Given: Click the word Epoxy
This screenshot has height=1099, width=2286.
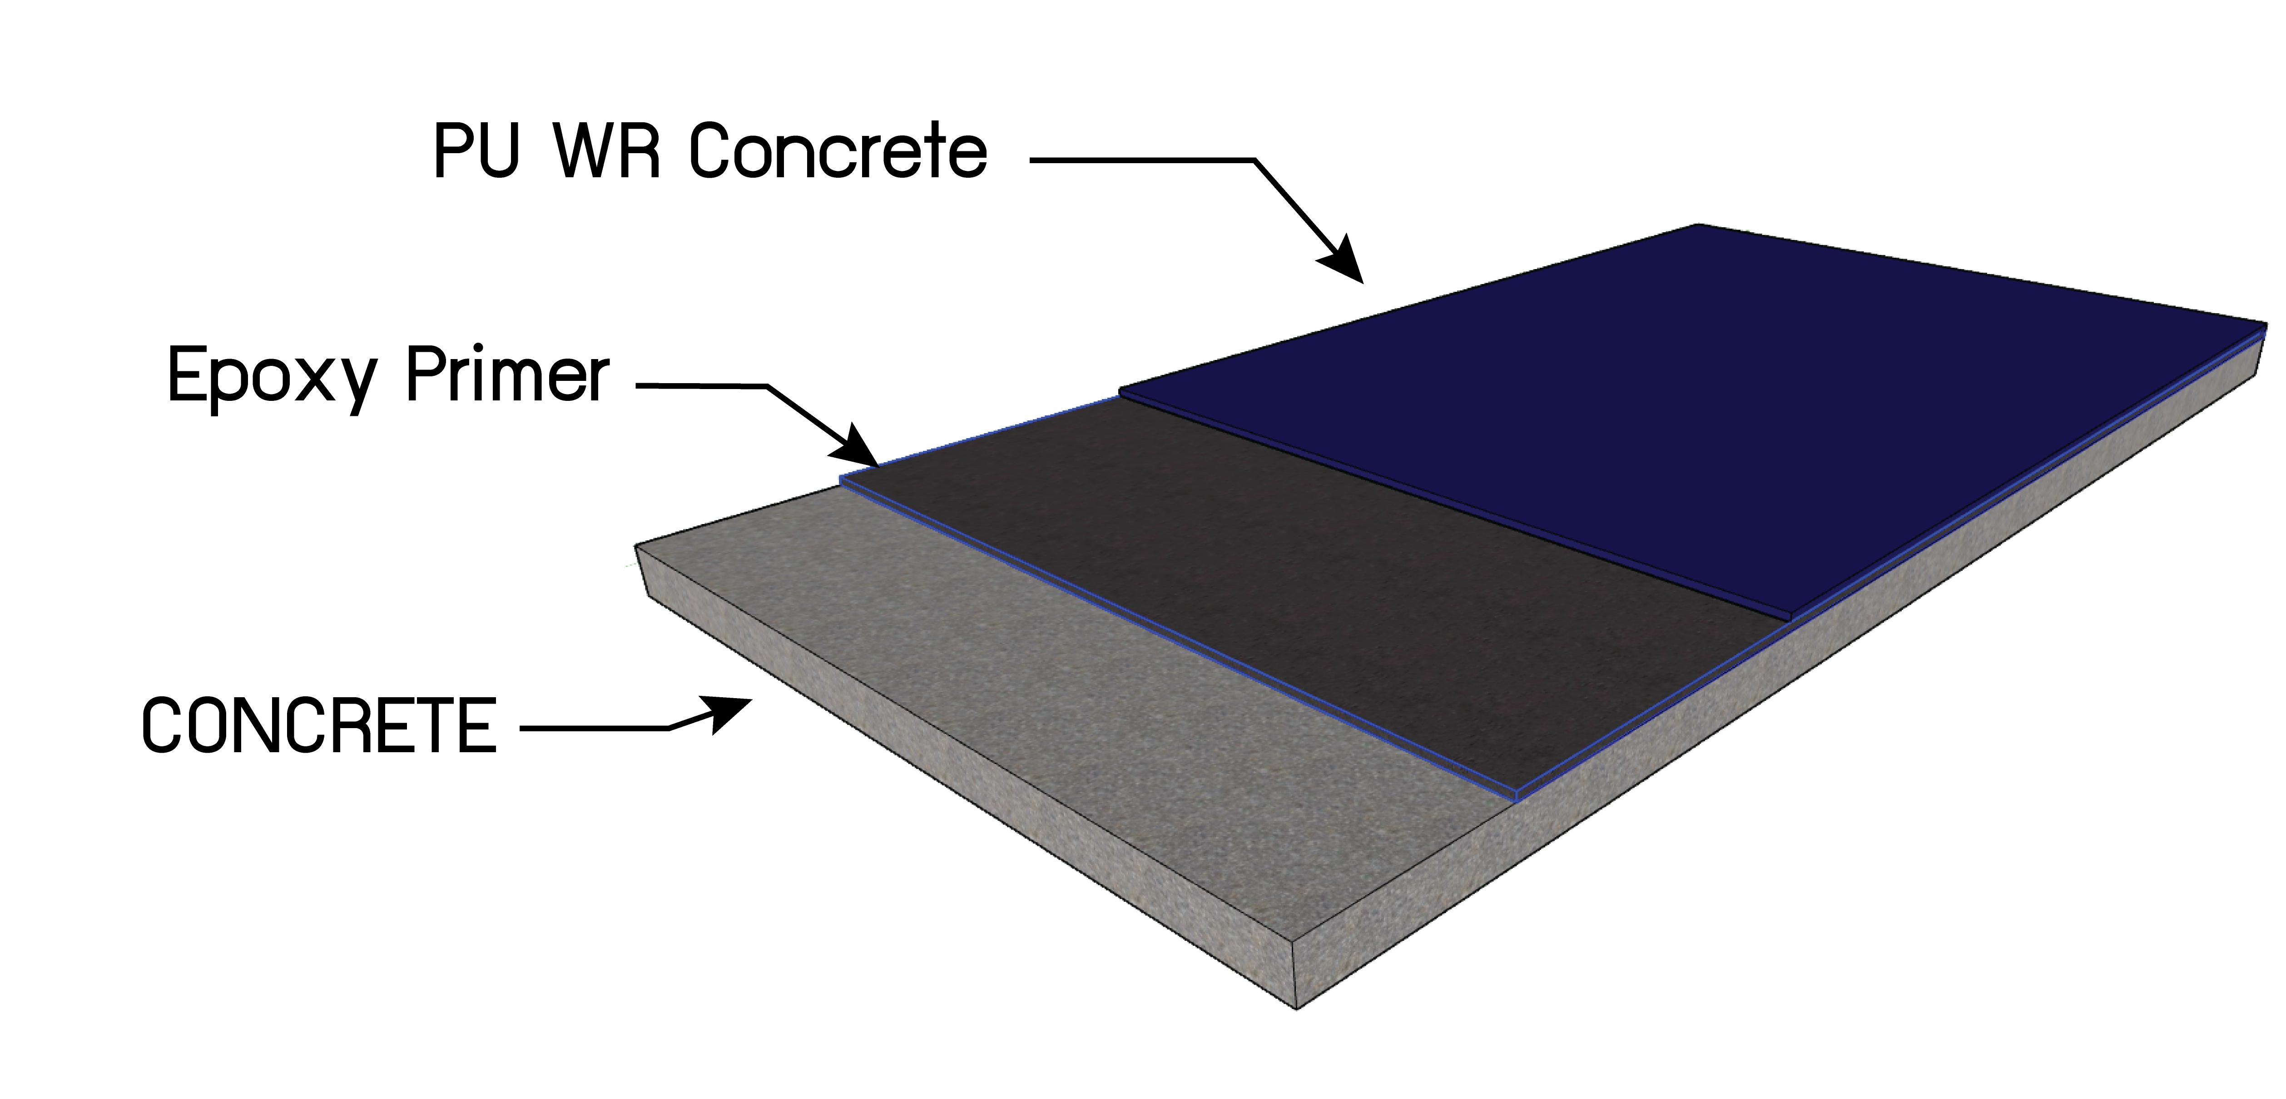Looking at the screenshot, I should tap(271, 377).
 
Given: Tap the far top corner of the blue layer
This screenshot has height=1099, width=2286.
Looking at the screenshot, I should tap(1697, 225).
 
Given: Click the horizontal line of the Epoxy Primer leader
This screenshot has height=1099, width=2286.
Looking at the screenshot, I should tap(701, 385).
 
